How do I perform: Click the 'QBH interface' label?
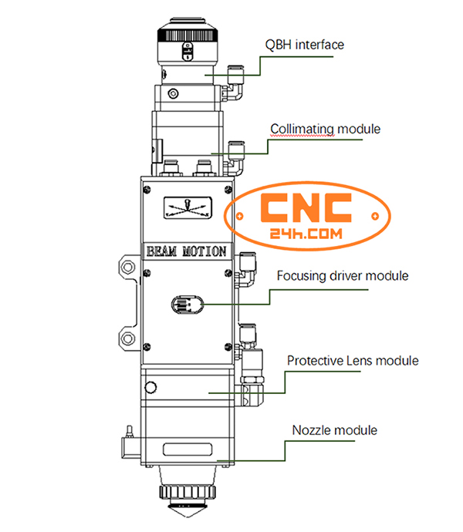[x=304, y=45]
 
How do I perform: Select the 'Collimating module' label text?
[x=325, y=129]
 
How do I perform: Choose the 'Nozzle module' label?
[x=334, y=429]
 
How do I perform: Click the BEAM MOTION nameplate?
[x=187, y=251]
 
